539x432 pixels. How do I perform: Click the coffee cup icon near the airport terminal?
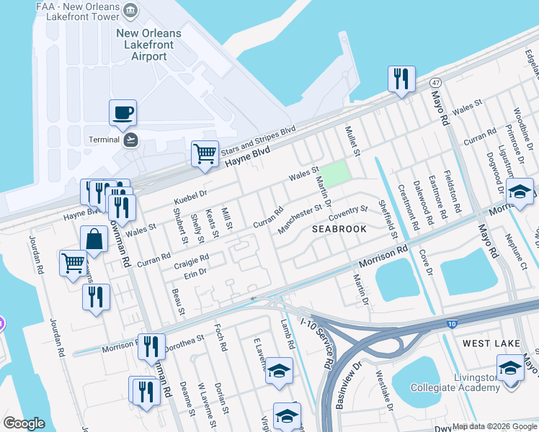[122, 113]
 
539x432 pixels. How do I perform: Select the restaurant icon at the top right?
[401, 78]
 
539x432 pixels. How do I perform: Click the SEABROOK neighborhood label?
[339, 229]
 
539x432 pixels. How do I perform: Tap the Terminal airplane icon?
[130, 139]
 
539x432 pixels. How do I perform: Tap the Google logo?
[24, 423]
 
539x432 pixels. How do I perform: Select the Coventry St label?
[347, 214]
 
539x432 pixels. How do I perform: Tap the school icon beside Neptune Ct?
[520, 192]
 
